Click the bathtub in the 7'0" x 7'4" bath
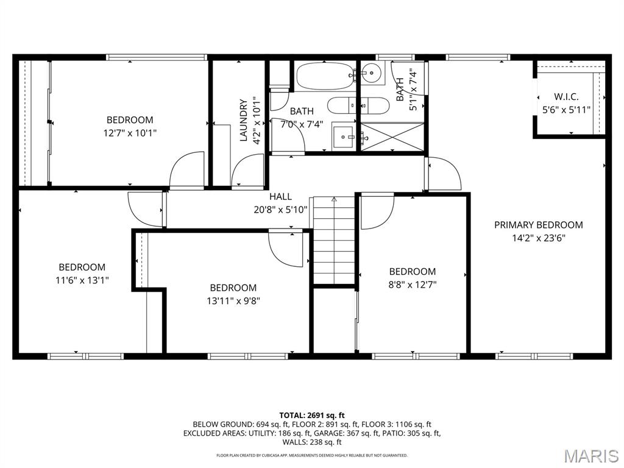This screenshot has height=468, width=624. click(325, 77)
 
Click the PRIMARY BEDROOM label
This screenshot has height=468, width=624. click(538, 225)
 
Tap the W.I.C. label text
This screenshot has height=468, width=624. click(566, 97)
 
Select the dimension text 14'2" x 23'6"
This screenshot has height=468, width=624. click(538, 238)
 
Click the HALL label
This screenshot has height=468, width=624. click(280, 196)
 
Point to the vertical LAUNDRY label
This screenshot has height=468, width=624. click(244, 120)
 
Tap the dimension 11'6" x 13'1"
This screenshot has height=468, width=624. click(82, 280)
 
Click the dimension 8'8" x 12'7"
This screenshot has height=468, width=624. click(413, 284)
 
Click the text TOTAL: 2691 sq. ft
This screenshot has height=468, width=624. click(312, 414)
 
